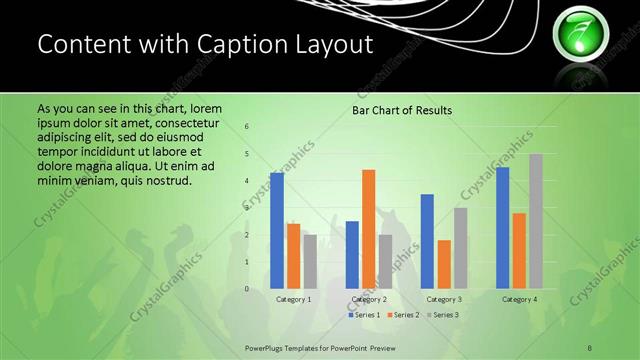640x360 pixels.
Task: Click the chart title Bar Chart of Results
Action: (401, 110)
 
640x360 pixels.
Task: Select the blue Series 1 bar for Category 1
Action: (277, 230)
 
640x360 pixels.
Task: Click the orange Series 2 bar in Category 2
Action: (368, 229)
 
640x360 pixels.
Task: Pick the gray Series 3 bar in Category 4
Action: (536, 221)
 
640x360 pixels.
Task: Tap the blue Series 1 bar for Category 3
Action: (427, 241)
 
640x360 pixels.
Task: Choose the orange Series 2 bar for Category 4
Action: (519, 250)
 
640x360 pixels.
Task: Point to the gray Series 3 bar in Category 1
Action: (310, 261)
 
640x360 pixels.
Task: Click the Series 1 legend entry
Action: (363, 315)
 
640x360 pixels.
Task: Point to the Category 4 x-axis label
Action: (519, 299)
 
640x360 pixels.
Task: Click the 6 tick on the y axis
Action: (247, 128)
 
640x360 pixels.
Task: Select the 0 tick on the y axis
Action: (247, 289)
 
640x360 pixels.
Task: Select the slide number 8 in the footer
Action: (590, 346)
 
